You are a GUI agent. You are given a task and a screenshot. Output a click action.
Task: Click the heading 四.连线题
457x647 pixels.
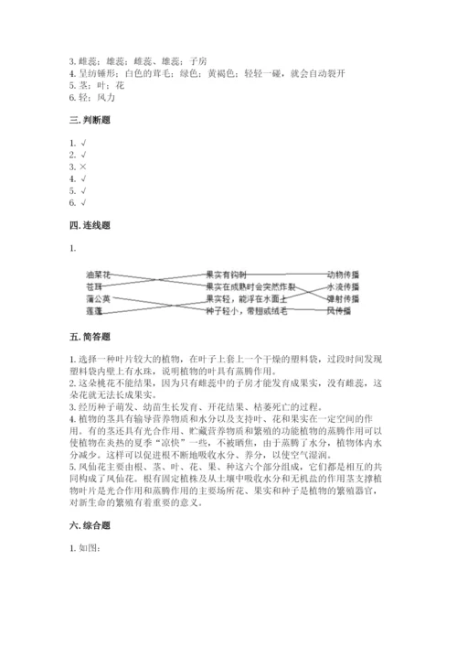coord(91,224)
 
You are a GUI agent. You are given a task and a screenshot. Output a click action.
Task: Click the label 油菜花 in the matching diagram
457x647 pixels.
coord(98,274)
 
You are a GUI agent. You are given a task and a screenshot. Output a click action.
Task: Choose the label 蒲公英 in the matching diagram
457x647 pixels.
coord(98,298)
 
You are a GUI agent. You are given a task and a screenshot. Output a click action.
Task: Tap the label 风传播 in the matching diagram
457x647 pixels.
coord(343,311)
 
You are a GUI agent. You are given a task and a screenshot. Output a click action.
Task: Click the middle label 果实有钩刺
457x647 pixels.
coord(228,274)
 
